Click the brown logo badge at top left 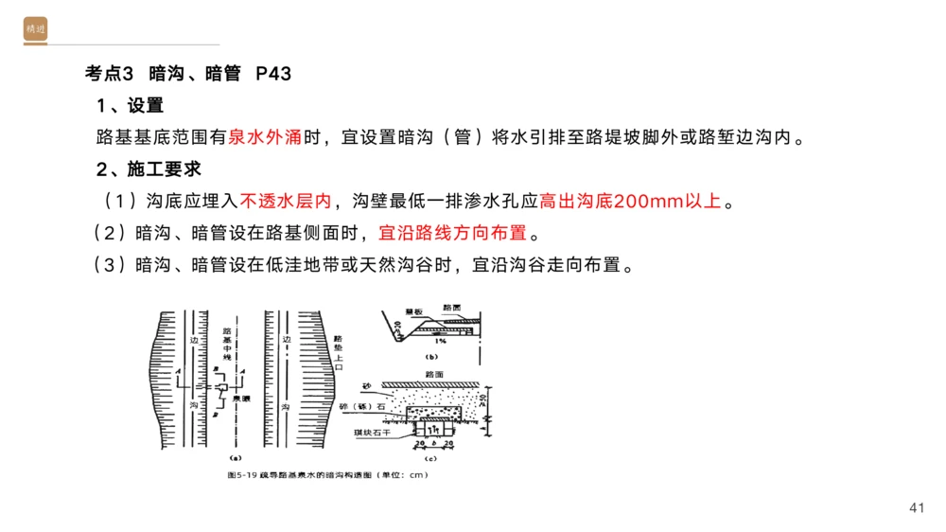(35, 29)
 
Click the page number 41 (915, 509)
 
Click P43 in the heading (273, 74)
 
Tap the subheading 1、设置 (130, 106)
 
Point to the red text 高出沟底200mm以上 (630, 202)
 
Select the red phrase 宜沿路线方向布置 (452, 233)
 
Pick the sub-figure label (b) (431, 358)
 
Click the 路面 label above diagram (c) (435, 374)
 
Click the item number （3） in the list (109, 264)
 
